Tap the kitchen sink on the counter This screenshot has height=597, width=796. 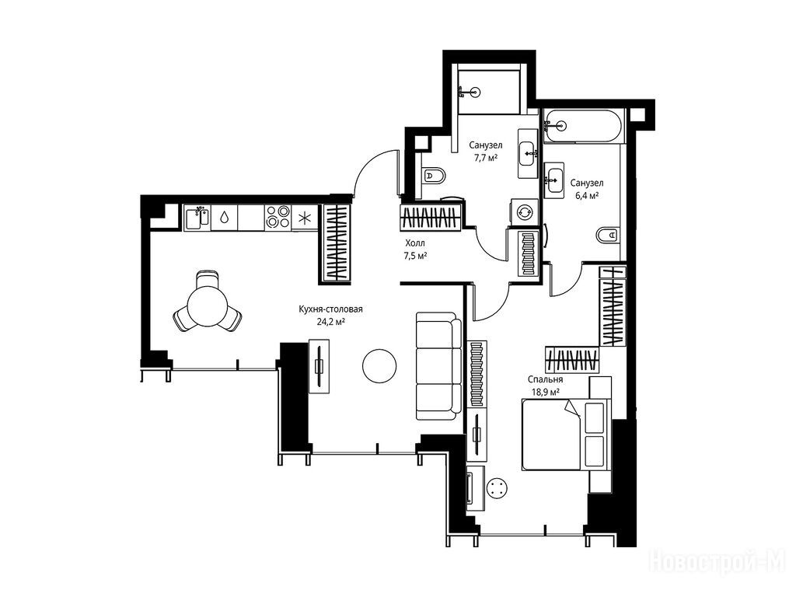click(x=197, y=218)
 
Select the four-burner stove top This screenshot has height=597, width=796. click(x=278, y=217)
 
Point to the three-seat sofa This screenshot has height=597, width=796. click(x=438, y=366)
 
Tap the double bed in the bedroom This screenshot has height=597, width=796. click(x=565, y=435)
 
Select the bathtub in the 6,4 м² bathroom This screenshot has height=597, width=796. click(x=583, y=127)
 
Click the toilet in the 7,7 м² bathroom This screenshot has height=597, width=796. click(x=434, y=176)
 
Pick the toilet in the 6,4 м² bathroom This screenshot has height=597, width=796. click(x=607, y=235)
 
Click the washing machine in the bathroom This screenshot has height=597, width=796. click(x=524, y=211)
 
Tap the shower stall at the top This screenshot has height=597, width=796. click(x=489, y=89)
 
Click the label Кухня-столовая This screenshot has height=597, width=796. click(x=330, y=309)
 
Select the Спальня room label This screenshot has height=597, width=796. click(x=545, y=379)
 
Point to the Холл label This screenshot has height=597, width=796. click(x=415, y=243)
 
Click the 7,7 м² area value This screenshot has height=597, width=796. click(x=486, y=157)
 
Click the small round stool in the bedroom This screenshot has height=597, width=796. click(x=497, y=488)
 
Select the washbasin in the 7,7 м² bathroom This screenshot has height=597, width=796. click(x=528, y=153)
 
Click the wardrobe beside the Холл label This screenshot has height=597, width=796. click(x=431, y=218)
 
